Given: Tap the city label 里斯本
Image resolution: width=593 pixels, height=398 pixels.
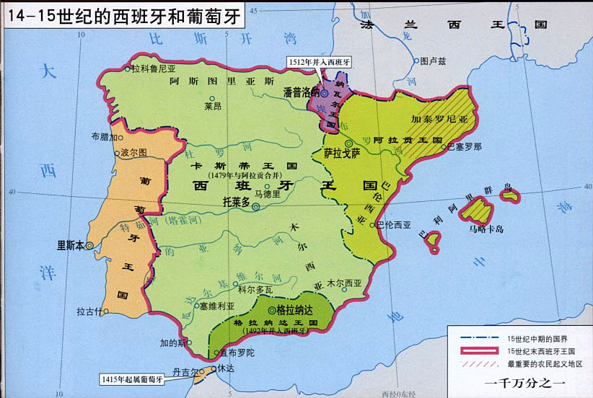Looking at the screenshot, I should (x=71, y=244).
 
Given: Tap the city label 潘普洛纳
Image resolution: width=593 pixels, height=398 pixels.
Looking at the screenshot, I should (x=302, y=92).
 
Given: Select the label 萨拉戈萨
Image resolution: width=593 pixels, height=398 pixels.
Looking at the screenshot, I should (x=341, y=153).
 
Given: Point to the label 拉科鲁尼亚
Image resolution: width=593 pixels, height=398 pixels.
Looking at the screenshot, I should (x=154, y=69).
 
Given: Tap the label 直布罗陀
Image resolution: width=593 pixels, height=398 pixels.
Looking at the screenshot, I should (x=235, y=354).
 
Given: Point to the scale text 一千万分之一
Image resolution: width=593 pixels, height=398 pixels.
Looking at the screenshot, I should (x=525, y=384).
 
